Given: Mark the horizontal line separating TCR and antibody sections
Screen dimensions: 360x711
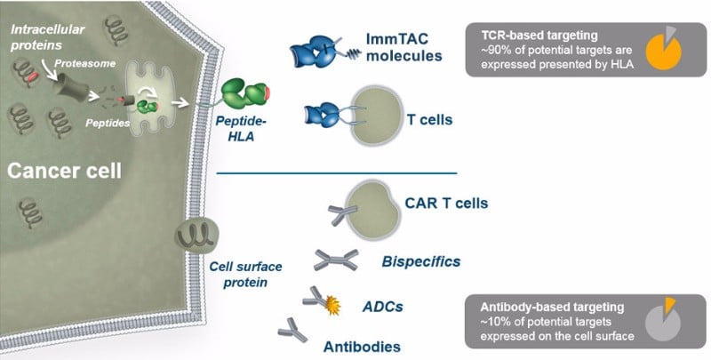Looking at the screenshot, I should tap(337, 172).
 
